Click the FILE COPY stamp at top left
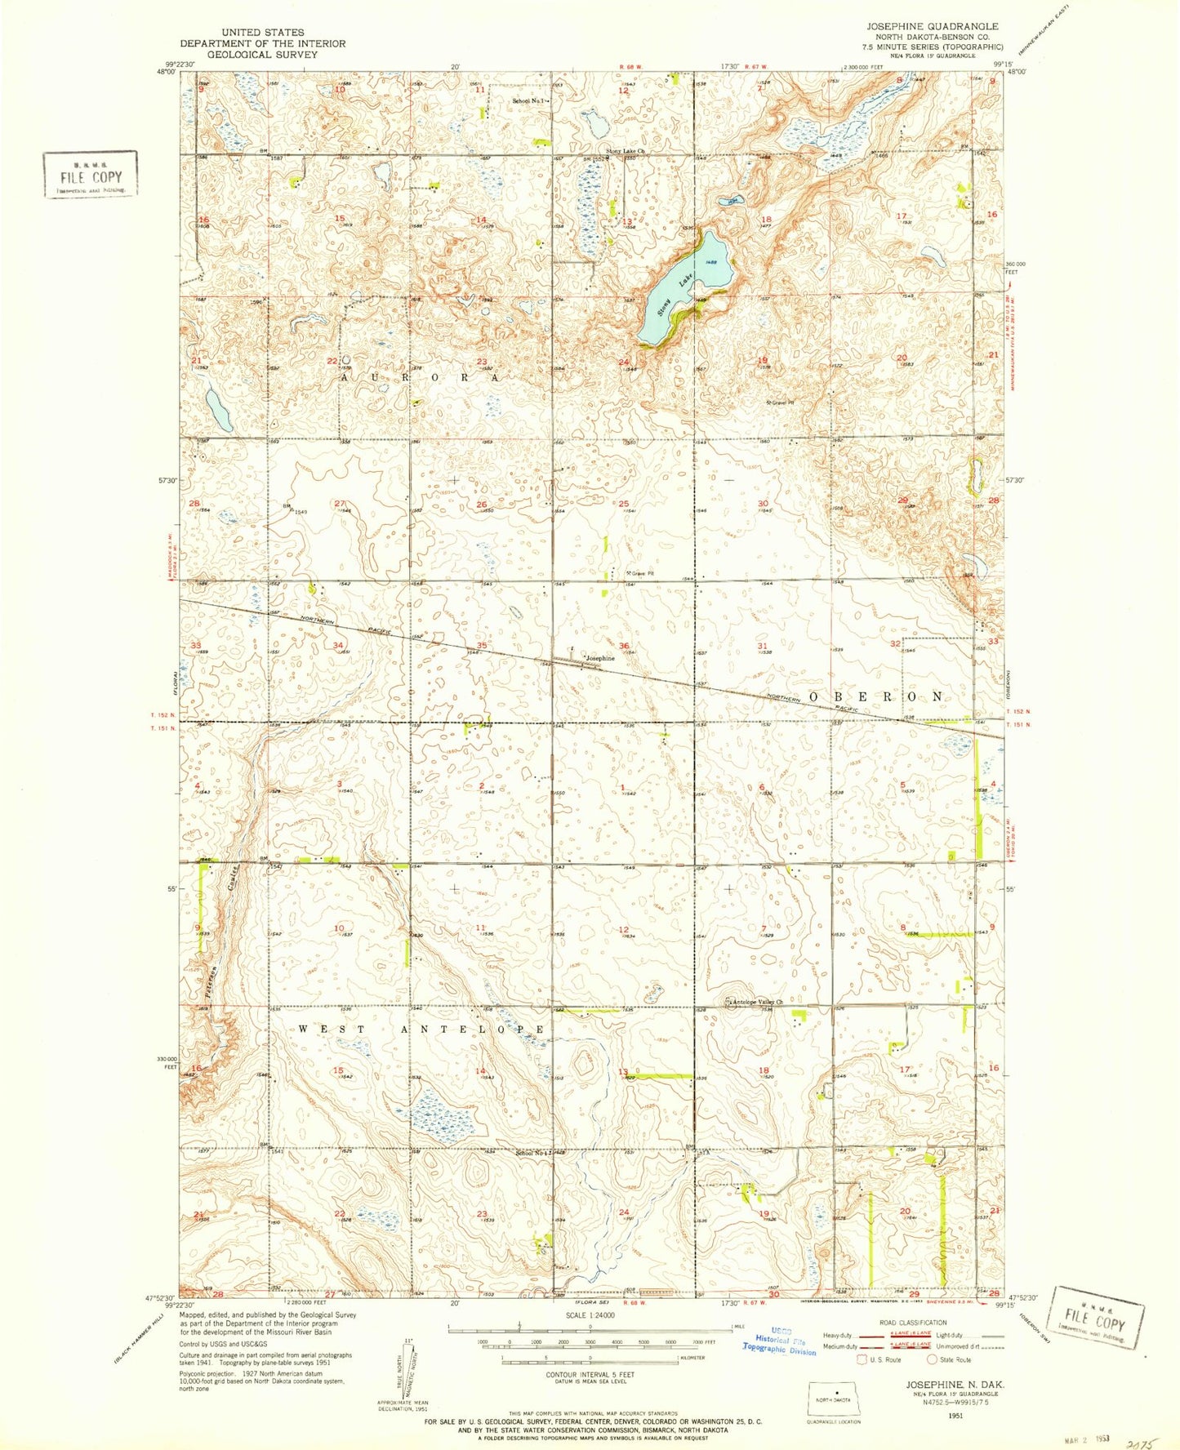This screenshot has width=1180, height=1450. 90,175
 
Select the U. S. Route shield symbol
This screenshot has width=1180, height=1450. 861,1359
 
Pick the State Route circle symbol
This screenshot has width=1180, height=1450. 932,1359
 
